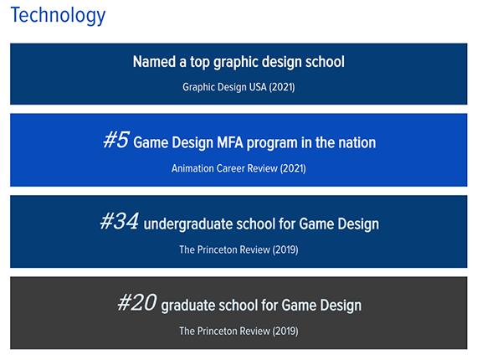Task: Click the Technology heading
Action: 58,16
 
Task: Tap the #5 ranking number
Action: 116,140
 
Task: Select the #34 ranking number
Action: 119,221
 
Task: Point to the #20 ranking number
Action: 137,302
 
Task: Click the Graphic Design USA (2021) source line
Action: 238,87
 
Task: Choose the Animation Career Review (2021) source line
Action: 238,168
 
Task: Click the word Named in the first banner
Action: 154,62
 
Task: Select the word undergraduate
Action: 188,224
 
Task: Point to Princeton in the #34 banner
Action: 218,249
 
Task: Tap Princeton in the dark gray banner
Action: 218,331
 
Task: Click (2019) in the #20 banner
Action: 285,331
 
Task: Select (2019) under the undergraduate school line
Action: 285,249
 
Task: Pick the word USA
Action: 258,87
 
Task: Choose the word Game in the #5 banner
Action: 151,142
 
